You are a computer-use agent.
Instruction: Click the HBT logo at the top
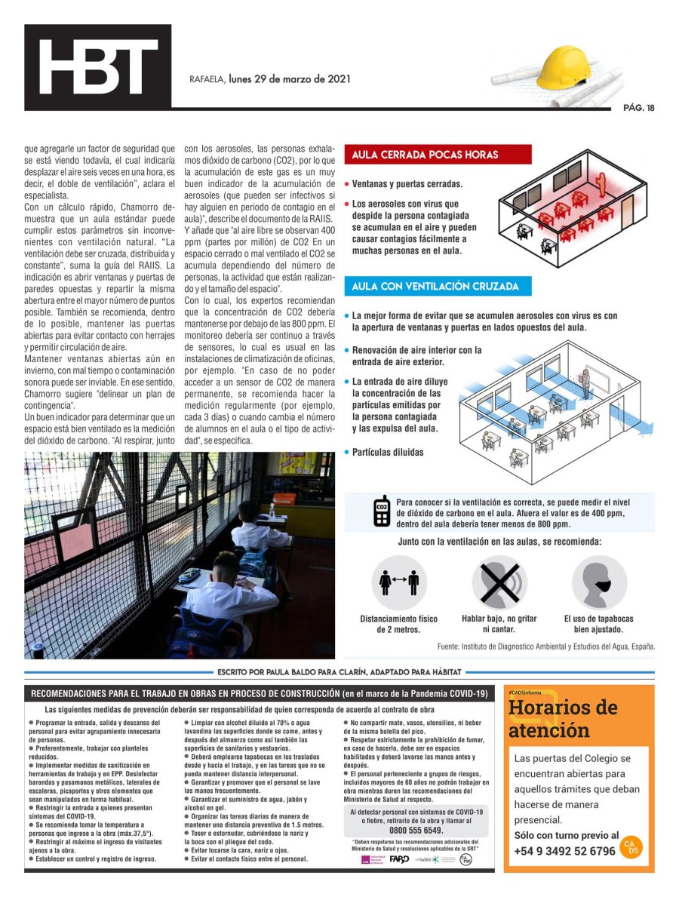[97, 67]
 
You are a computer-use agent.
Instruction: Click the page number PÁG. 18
[638, 107]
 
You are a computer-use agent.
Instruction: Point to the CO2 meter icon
[382, 512]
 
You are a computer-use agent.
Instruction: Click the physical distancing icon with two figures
[399, 582]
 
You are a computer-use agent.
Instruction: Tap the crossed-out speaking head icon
[499, 582]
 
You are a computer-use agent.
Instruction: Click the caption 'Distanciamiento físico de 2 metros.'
[399, 624]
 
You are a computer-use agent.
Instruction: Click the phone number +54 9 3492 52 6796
[564, 851]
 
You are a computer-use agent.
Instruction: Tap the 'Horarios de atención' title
[563, 719]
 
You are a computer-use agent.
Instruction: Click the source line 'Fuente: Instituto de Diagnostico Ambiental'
[546, 647]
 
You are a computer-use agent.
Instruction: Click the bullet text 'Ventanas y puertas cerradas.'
[407, 184]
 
